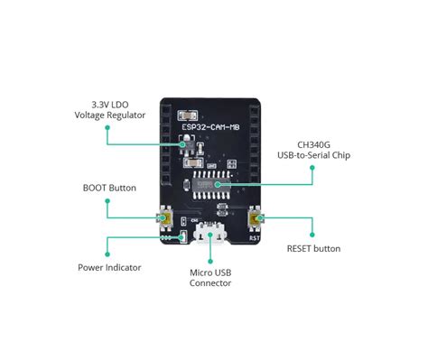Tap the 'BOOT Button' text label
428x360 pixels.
click(x=109, y=188)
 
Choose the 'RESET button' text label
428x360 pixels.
click(x=313, y=248)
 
